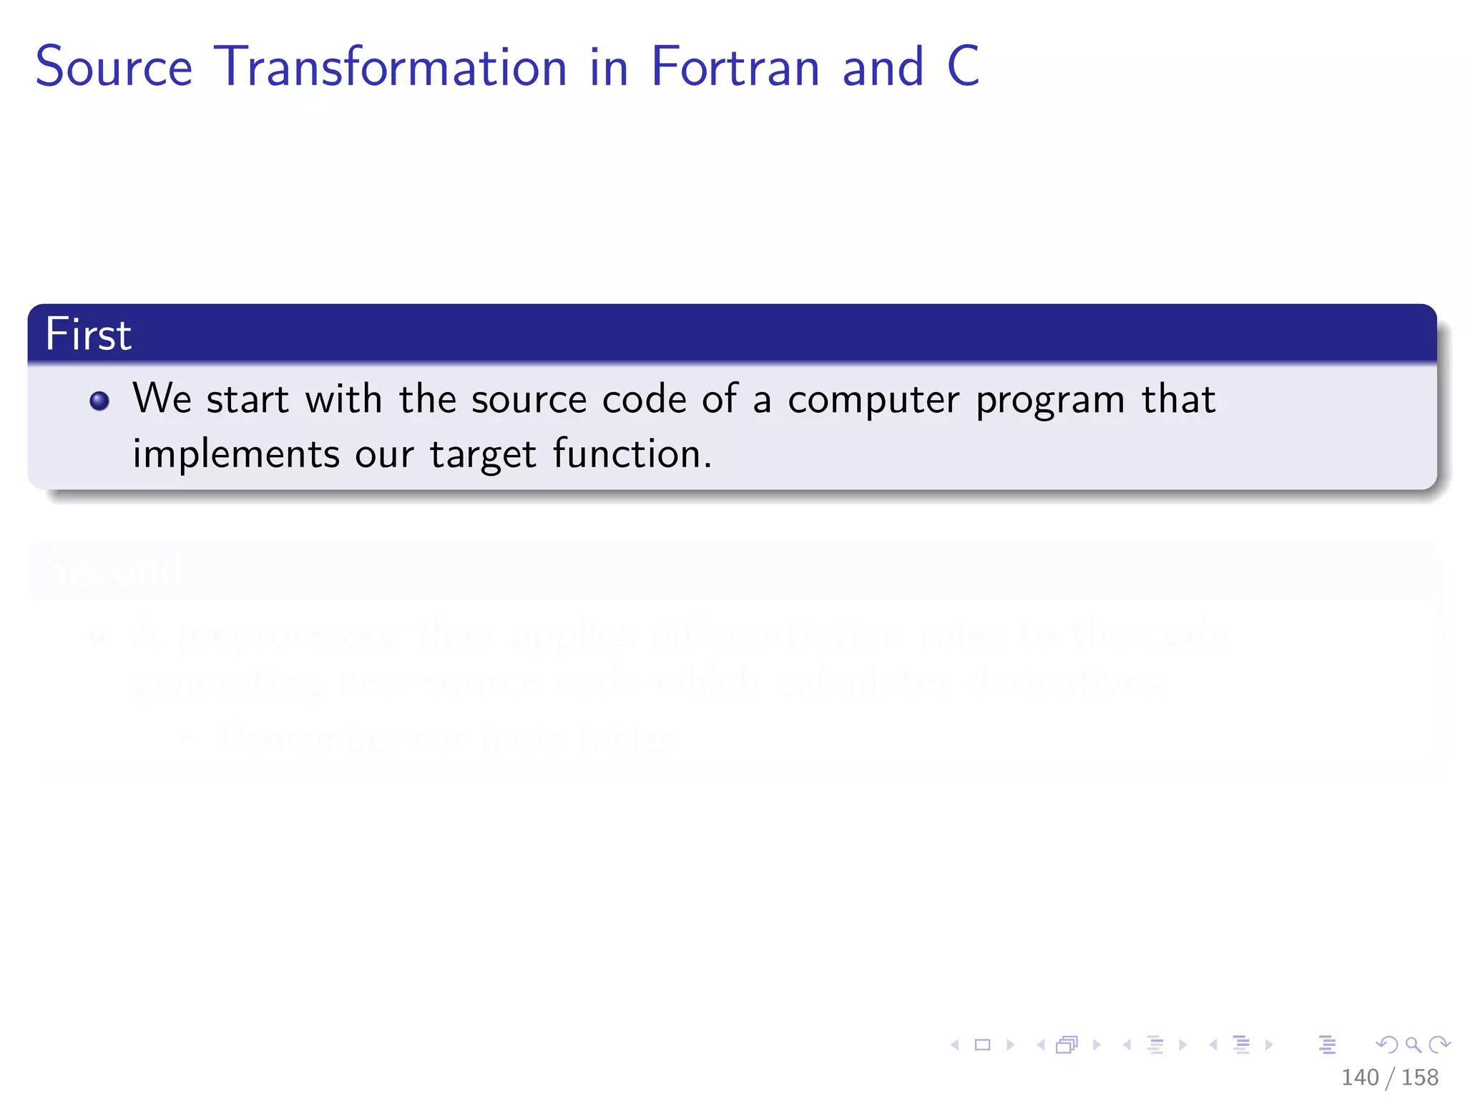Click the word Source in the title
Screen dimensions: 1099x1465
pos(114,67)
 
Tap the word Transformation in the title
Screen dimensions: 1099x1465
pos(391,67)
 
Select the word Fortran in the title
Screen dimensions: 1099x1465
pos(735,67)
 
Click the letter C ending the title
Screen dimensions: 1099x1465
pos(963,67)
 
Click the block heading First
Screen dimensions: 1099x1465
pos(88,334)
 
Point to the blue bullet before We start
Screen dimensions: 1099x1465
pos(99,401)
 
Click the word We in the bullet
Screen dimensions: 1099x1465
pos(162,399)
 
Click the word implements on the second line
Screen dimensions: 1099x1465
pos(236,455)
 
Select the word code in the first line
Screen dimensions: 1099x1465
pos(644,399)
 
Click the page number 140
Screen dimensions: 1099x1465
pos(1359,1077)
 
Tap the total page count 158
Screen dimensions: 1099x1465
pos(1420,1077)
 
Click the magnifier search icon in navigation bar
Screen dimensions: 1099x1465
pos(1413,1045)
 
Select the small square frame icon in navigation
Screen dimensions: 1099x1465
pos(983,1045)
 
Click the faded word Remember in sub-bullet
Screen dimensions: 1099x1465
pos(308,738)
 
